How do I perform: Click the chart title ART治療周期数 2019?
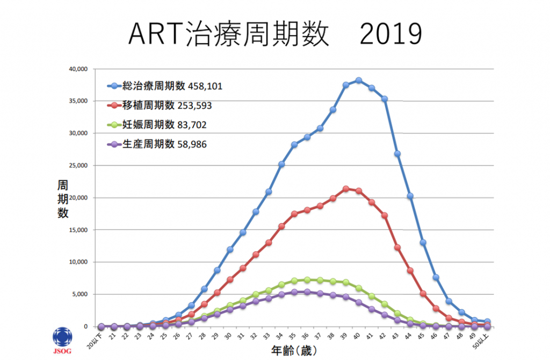pos(275,35)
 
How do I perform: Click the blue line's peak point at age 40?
pos(359,80)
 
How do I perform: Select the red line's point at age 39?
pos(346,189)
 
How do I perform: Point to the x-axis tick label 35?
pos(293,336)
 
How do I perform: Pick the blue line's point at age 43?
pos(397,154)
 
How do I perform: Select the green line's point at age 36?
pos(307,280)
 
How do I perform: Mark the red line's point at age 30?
pos(230,279)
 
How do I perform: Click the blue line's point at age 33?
pos(269,192)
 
